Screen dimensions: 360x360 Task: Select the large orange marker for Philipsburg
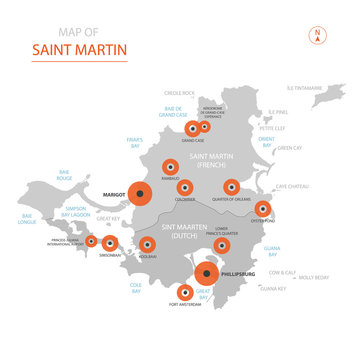pos(207,273)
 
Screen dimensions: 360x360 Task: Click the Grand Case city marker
pos(192,128)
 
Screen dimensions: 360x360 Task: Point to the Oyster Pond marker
pos(263,209)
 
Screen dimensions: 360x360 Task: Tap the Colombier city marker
pos(185,186)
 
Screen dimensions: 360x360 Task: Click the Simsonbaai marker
pos(109,243)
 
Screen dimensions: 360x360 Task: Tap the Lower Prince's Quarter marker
pos(222,245)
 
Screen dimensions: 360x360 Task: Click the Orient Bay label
pos(267,143)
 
